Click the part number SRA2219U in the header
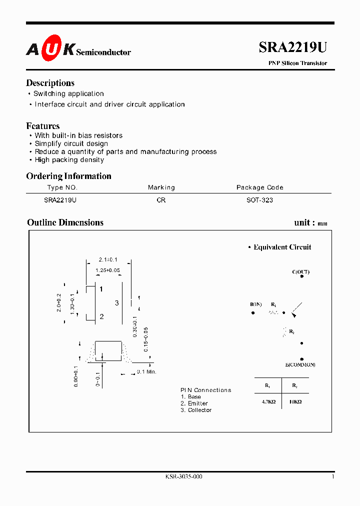pyautogui.click(x=292, y=47)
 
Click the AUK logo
pyautogui.click(x=50, y=48)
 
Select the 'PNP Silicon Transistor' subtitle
pyautogui.click(x=298, y=63)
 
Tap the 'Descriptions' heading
pyautogui.click(x=50, y=83)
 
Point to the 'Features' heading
pyautogui.click(x=42, y=126)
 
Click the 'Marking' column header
pyautogui.click(x=161, y=187)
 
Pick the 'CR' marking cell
pyautogui.click(x=161, y=200)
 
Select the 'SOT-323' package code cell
pyautogui.click(x=259, y=200)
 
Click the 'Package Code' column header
pyautogui.click(x=259, y=187)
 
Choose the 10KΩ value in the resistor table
pyautogui.click(x=295, y=401)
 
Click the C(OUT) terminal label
pyautogui.click(x=300, y=272)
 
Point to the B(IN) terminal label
pyautogui.click(x=255, y=304)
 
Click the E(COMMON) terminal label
pyautogui.click(x=300, y=365)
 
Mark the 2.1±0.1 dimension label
pyautogui.click(x=108, y=259)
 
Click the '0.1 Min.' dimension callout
pyautogui.click(x=147, y=372)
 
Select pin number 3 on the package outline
pyautogui.click(x=117, y=303)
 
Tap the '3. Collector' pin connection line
pyautogui.click(x=196, y=410)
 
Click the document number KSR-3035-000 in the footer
pyautogui.click(x=183, y=476)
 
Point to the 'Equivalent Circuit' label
pyautogui.click(x=282, y=247)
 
